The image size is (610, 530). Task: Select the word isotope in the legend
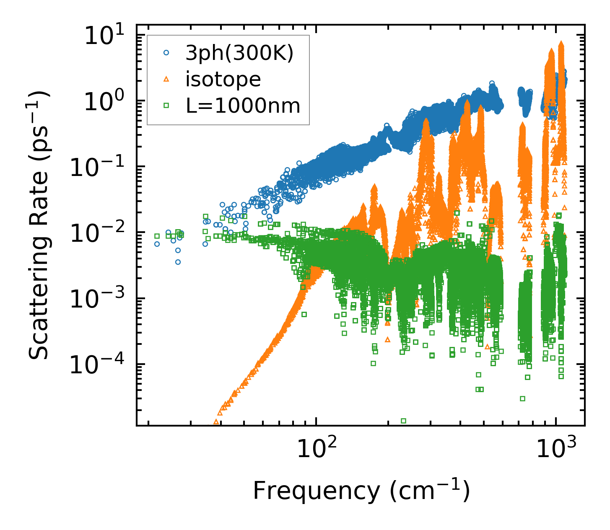(x=223, y=79)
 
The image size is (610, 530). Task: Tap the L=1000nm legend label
(x=243, y=106)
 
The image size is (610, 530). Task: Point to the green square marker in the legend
(x=166, y=106)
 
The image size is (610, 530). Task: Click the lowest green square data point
(x=404, y=421)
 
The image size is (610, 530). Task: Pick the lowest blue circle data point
(x=178, y=262)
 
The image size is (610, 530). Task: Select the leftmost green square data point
(x=157, y=236)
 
